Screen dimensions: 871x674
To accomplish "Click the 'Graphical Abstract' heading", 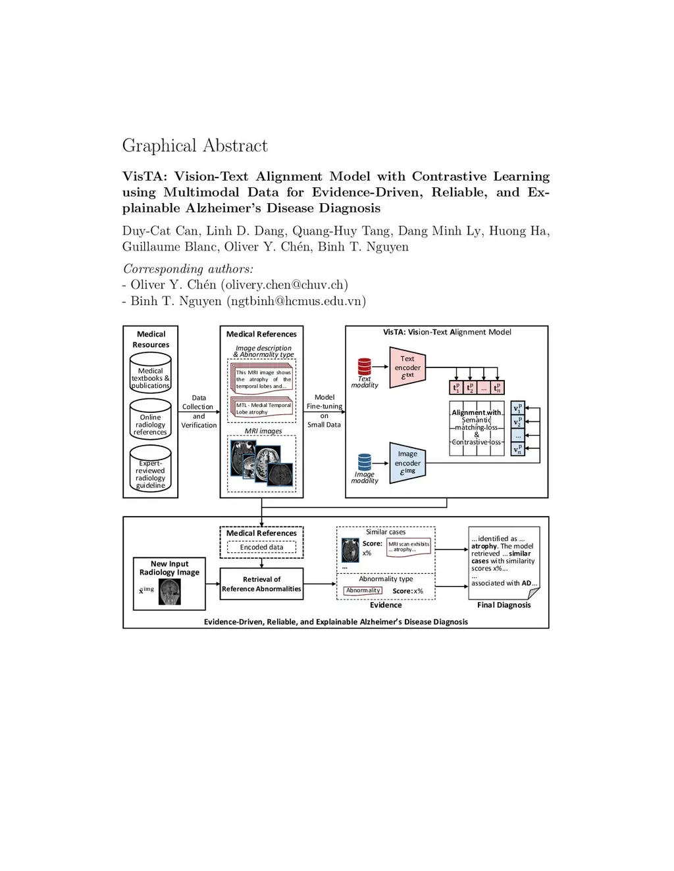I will click(195, 145).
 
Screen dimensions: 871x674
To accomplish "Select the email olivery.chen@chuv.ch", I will click(284, 285).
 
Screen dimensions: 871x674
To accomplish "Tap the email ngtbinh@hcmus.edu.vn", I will click(296, 301).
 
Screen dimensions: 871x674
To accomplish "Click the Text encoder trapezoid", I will click(407, 367).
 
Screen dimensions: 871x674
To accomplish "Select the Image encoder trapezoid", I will click(407, 463).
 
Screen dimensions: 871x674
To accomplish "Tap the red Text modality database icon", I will click(365, 366).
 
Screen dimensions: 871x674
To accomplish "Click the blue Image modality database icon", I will click(365, 462).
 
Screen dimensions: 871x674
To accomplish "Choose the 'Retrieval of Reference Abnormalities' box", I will click(261, 584).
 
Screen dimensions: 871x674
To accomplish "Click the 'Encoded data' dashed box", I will click(261, 547).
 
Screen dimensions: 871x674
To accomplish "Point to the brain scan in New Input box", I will click(170, 592).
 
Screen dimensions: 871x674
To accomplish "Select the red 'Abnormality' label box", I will click(363, 590).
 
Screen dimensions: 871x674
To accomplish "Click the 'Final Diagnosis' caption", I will click(504, 605).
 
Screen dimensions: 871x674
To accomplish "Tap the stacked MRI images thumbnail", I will click(261, 461).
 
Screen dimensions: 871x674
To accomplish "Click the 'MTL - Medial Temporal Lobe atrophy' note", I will click(263, 408).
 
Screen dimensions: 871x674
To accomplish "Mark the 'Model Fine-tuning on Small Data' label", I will click(324, 411).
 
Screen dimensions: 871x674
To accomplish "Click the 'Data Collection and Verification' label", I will click(199, 412).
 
